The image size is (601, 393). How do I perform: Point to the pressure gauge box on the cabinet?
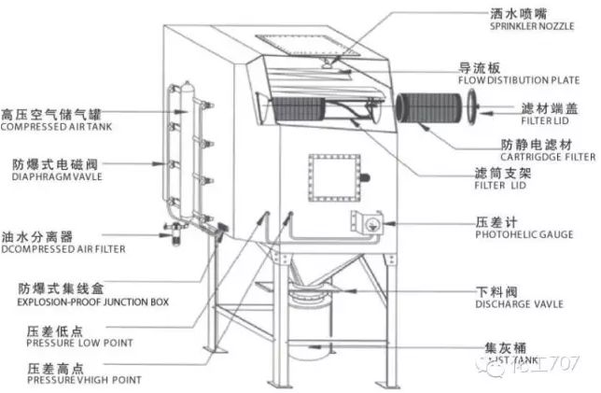(363, 221)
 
